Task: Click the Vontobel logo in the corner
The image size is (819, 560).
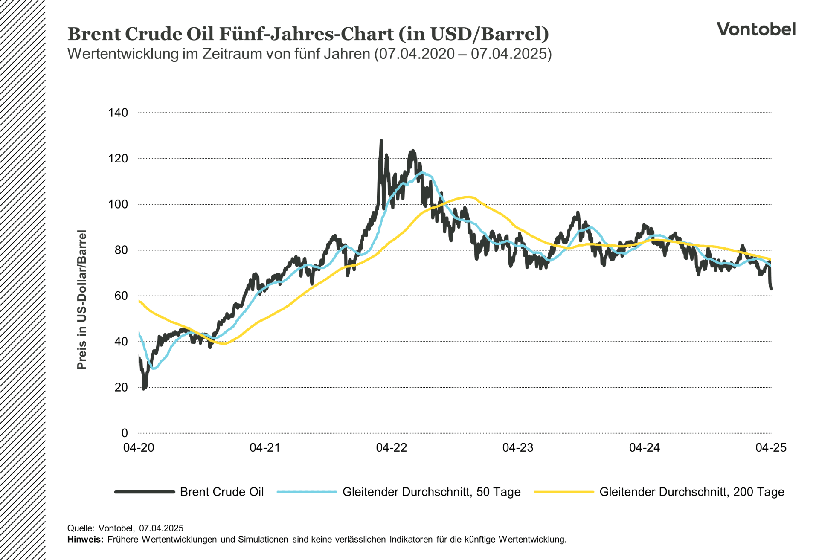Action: (x=756, y=29)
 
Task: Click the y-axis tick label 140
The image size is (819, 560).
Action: (x=118, y=113)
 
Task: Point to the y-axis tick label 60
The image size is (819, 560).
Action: (x=121, y=296)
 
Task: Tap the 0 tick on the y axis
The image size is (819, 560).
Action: (x=125, y=433)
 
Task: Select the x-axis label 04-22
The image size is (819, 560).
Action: (x=391, y=447)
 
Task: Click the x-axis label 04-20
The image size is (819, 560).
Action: (x=139, y=447)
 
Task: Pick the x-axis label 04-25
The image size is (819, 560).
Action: (x=771, y=447)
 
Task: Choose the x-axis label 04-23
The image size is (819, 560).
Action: (x=518, y=447)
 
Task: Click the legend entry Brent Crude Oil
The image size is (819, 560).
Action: (x=222, y=492)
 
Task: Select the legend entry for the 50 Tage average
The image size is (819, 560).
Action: (x=431, y=492)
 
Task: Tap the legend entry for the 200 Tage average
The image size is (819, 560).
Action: (x=691, y=492)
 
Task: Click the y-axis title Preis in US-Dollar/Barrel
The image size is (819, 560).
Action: (x=81, y=299)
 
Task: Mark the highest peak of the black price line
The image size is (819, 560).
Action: (x=381, y=140)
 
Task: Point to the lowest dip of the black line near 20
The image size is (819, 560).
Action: (x=144, y=389)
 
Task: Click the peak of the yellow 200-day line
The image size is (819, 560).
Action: (x=469, y=197)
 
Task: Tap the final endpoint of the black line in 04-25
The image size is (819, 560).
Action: (x=771, y=289)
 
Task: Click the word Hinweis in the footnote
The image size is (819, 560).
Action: (x=85, y=539)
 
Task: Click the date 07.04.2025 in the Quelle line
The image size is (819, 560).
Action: (x=161, y=528)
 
